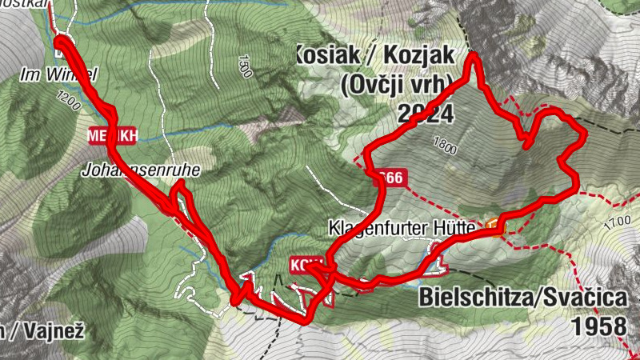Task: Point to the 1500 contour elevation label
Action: point(244,65)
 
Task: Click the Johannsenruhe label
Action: point(140,170)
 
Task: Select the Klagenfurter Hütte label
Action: point(402,228)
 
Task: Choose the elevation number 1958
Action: point(599,326)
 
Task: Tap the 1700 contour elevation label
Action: point(618,221)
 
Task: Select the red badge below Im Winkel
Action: point(113,136)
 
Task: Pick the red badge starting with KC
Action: point(307,265)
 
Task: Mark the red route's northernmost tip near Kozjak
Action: point(473,56)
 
